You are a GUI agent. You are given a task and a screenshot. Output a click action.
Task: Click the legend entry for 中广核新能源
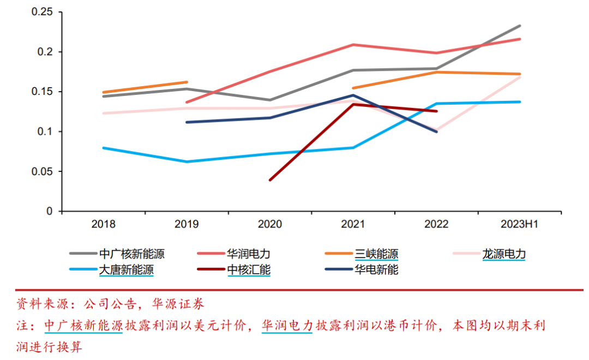click(x=117, y=254)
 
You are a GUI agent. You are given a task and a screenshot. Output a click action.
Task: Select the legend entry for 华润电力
click(x=233, y=254)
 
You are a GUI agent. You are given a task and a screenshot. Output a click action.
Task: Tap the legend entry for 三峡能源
click(x=362, y=254)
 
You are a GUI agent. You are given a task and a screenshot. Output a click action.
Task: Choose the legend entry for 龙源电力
click(x=489, y=254)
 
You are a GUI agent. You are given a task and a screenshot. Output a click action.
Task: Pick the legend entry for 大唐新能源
click(x=112, y=269)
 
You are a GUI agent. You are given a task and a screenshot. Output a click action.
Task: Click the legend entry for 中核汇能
click(x=233, y=269)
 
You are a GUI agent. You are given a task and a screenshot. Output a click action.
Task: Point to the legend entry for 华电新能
click(x=362, y=269)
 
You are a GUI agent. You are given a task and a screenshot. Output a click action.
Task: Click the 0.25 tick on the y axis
click(x=42, y=12)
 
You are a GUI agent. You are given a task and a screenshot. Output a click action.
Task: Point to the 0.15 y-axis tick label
click(x=42, y=92)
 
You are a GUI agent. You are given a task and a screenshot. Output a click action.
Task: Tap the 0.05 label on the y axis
click(x=42, y=172)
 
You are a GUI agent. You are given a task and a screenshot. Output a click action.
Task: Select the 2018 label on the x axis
click(x=103, y=224)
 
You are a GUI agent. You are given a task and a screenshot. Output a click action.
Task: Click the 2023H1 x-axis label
click(x=520, y=224)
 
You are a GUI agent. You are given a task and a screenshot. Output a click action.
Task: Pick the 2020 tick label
click(x=270, y=224)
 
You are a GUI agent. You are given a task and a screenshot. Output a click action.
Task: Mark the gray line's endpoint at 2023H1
click(x=520, y=26)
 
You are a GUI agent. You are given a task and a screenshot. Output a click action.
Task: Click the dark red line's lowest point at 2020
click(x=270, y=180)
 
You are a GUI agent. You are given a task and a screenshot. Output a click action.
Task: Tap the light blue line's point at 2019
click(x=187, y=161)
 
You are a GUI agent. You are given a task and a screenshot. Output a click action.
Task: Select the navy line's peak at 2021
click(x=353, y=95)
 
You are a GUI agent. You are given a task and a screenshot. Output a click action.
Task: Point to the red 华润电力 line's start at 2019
click(x=187, y=102)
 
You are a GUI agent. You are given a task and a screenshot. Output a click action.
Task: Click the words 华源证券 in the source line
click(x=178, y=304)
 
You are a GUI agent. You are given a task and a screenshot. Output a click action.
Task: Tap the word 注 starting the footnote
click(x=22, y=326)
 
